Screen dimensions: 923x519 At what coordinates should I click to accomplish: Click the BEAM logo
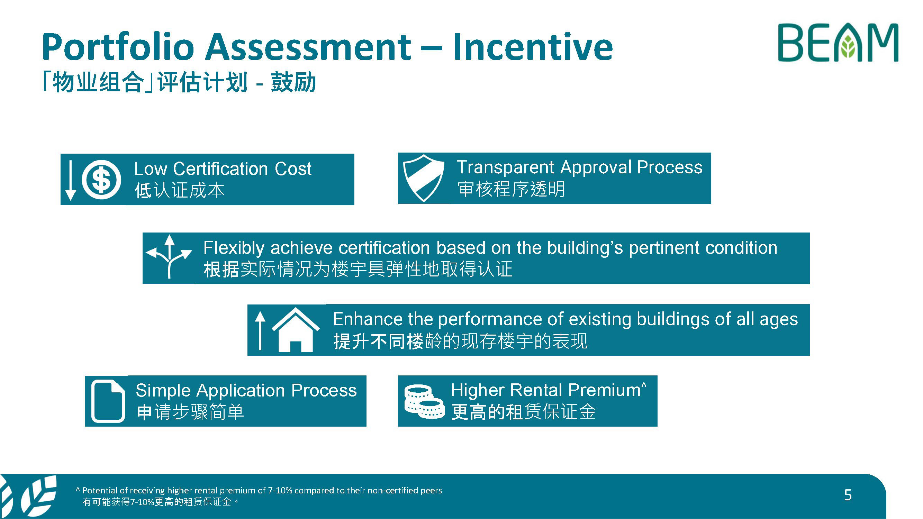(838, 43)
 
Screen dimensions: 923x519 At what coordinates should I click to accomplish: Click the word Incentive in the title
(533, 47)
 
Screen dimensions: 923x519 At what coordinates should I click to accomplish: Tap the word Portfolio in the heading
(118, 47)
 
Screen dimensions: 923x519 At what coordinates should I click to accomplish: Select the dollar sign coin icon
(101, 180)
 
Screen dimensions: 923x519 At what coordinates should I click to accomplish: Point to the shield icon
(424, 178)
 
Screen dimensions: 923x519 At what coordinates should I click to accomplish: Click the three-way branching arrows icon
(169, 256)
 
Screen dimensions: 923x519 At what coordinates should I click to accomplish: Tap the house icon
(296, 329)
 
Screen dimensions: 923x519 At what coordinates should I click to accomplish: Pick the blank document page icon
(108, 401)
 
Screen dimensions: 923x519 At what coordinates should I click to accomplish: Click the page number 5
(848, 495)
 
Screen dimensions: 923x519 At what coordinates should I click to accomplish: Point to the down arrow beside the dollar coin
(71, 180)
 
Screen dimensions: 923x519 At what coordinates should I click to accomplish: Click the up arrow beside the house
(260, 330)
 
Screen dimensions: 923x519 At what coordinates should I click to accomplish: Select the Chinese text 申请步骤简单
(190, 412)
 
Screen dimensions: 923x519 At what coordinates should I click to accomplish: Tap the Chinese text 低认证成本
(180, 190)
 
